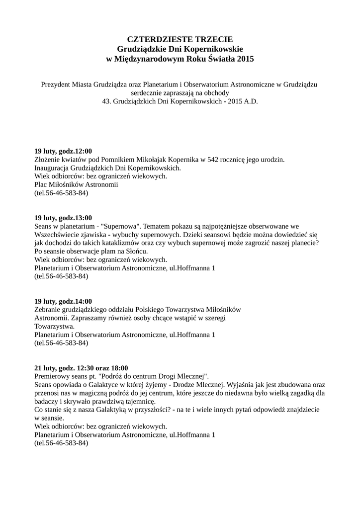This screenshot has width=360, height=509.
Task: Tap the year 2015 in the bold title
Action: [x=245, y=59]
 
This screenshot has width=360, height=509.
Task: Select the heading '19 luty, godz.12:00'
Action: [x=63, y=151]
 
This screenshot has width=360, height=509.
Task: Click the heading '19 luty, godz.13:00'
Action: [x=63, y=218]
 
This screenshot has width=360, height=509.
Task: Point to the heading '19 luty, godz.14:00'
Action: [x=63, y=301]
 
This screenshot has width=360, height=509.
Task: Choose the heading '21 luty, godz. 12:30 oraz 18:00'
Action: [x=81, y=368]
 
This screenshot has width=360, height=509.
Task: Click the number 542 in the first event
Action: [x=214, y=160]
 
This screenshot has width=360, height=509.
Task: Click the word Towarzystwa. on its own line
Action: [x=55, y=327]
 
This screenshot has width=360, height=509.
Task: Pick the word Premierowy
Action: [x=53, y=376]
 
